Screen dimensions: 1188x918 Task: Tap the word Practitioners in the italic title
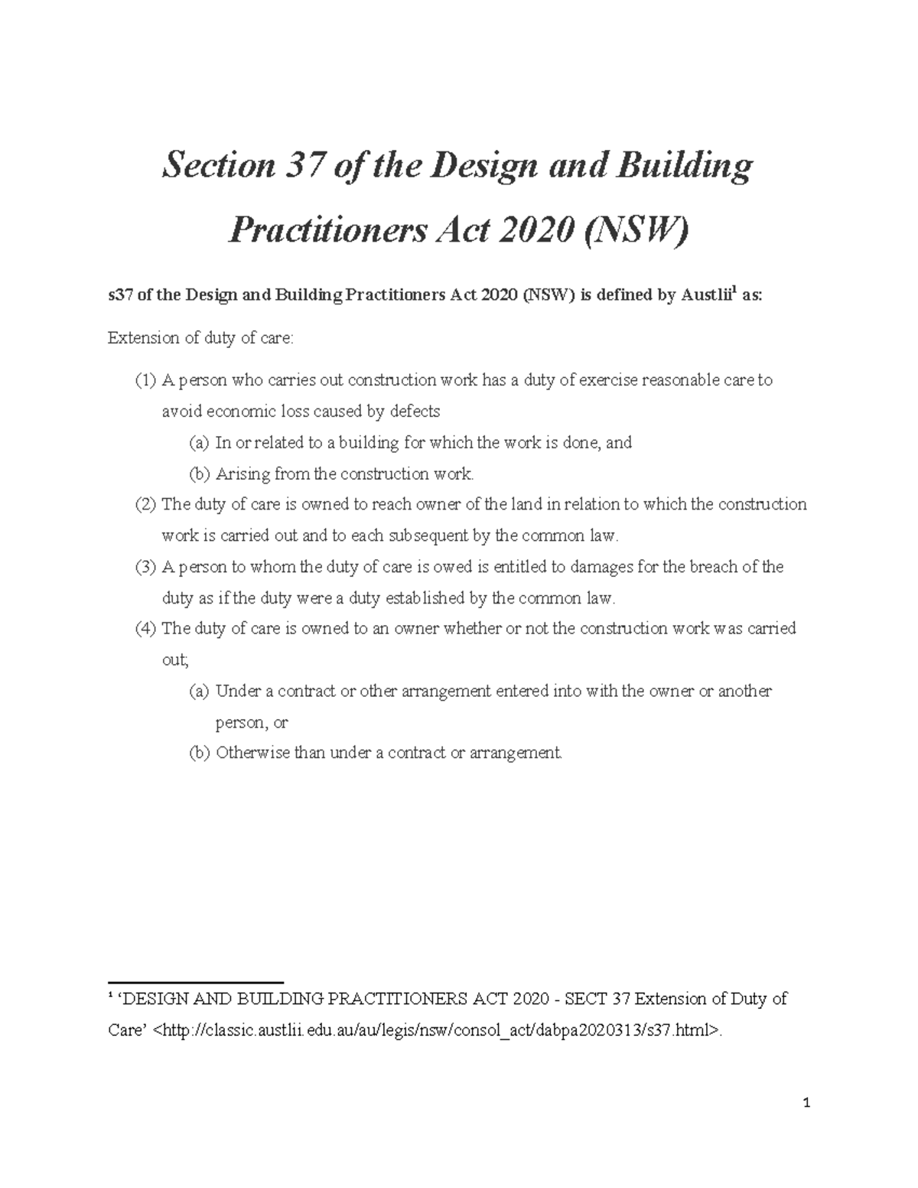(x=328, y=229)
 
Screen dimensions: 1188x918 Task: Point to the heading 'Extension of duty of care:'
(x=200, y=338)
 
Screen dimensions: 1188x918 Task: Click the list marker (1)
(x=145, y=380)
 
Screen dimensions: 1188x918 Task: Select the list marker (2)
(x=145, y=505)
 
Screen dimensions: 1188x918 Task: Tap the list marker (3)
(x=145, y=567)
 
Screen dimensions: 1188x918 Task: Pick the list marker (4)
(x=145, y=629)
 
